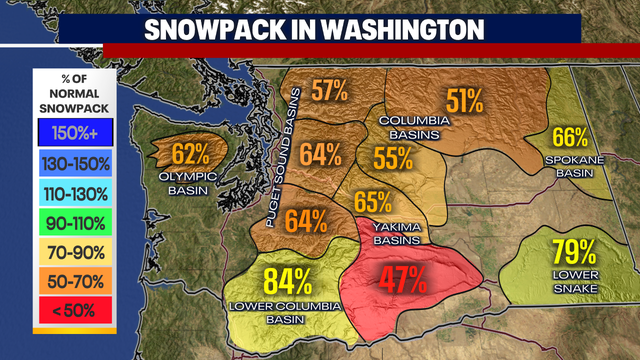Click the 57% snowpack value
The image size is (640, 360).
tap(329, 91)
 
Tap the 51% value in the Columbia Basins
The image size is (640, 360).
tap(465, 100)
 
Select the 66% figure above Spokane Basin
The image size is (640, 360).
tap(569, 139)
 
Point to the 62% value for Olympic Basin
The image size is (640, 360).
tap(190, 154)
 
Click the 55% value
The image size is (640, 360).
tap(393, 157)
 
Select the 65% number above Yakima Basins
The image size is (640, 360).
tap(372, 201)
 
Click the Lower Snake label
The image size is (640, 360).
tap(574, 282)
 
